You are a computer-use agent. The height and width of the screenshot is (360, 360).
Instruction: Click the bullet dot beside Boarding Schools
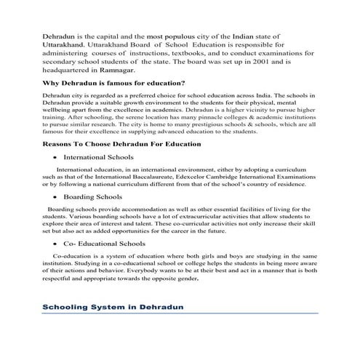(x=54, y=197)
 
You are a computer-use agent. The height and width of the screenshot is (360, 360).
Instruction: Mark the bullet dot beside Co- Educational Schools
(x=54, y=244)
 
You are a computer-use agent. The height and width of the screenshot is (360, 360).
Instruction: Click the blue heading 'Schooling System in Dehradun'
(x=113, y=308)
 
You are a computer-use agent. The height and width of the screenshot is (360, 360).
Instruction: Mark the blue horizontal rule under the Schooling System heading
(x=180, y=314)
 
